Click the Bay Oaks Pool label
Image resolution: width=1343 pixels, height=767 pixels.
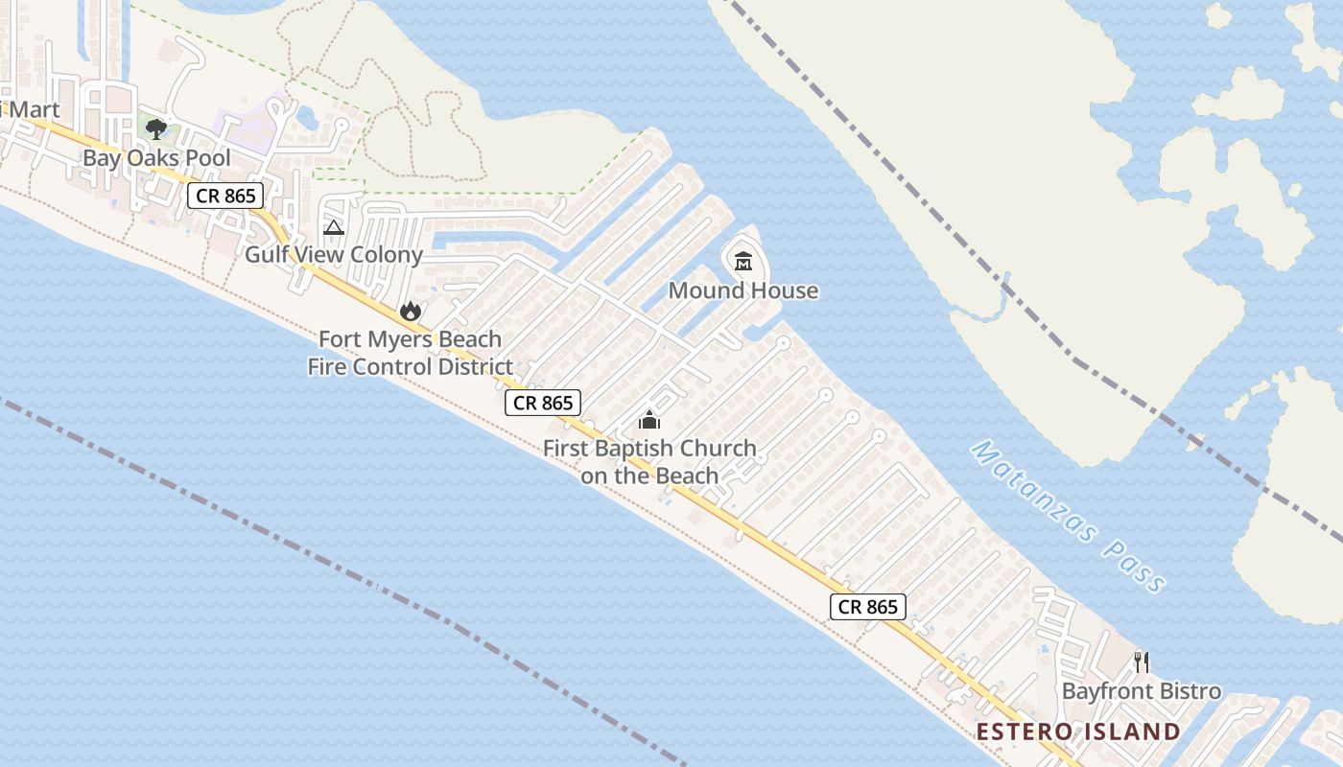pos(156,158)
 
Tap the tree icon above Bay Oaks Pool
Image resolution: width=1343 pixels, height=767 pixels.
pos(156,128)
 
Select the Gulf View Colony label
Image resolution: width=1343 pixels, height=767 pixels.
pos(333,255)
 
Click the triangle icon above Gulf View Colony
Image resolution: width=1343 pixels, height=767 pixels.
pos(333,227)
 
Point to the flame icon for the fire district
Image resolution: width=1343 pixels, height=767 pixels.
pos(410,311)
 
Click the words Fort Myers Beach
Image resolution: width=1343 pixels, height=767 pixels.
pos(410,339)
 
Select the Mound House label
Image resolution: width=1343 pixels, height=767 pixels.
pos(743,291)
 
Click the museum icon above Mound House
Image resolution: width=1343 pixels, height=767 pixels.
pos(742,261)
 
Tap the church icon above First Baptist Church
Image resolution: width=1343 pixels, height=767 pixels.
pos(649,420)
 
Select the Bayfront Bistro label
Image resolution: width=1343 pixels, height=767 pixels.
pos(1142,691)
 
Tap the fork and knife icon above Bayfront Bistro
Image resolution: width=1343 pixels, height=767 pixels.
pos(1142,662)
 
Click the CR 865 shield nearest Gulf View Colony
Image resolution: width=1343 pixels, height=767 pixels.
pos(225,197)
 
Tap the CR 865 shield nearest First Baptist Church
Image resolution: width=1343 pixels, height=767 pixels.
pos(543,403)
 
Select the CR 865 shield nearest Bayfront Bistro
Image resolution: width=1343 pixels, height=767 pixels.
pos(868,607)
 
